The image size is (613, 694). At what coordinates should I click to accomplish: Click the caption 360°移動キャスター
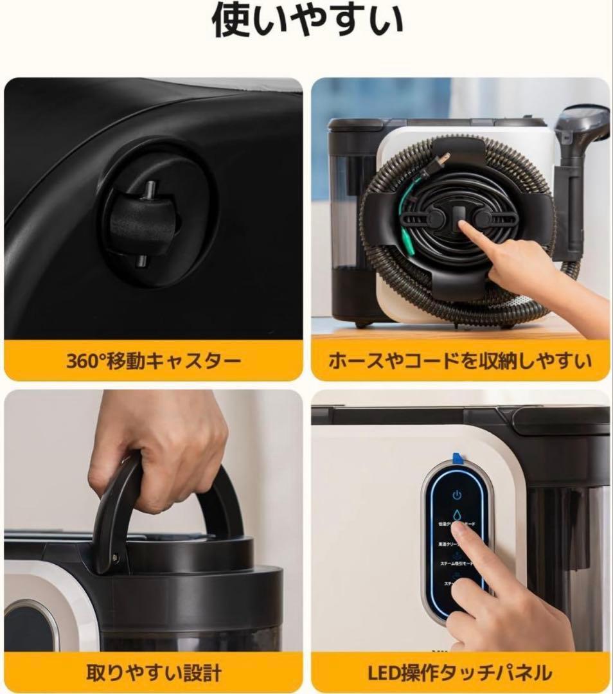click(154, 360)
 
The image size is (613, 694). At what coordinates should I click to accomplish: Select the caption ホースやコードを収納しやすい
click(460, 360)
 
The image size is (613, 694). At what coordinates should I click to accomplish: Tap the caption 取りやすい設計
click(154, 673)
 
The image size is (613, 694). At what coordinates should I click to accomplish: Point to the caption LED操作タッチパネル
click(460, 673)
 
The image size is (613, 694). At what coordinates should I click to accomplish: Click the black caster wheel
click(143, 225)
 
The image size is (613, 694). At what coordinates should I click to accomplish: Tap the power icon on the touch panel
click(457, 495)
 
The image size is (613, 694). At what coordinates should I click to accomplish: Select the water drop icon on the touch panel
click(457, 515)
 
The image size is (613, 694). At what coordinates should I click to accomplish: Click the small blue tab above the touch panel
click(458, 458)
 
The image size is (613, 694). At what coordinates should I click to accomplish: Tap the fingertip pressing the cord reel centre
click(465, 226)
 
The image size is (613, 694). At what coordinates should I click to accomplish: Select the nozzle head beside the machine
click(582, 125)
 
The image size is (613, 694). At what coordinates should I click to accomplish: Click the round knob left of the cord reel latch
click(436, 218)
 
